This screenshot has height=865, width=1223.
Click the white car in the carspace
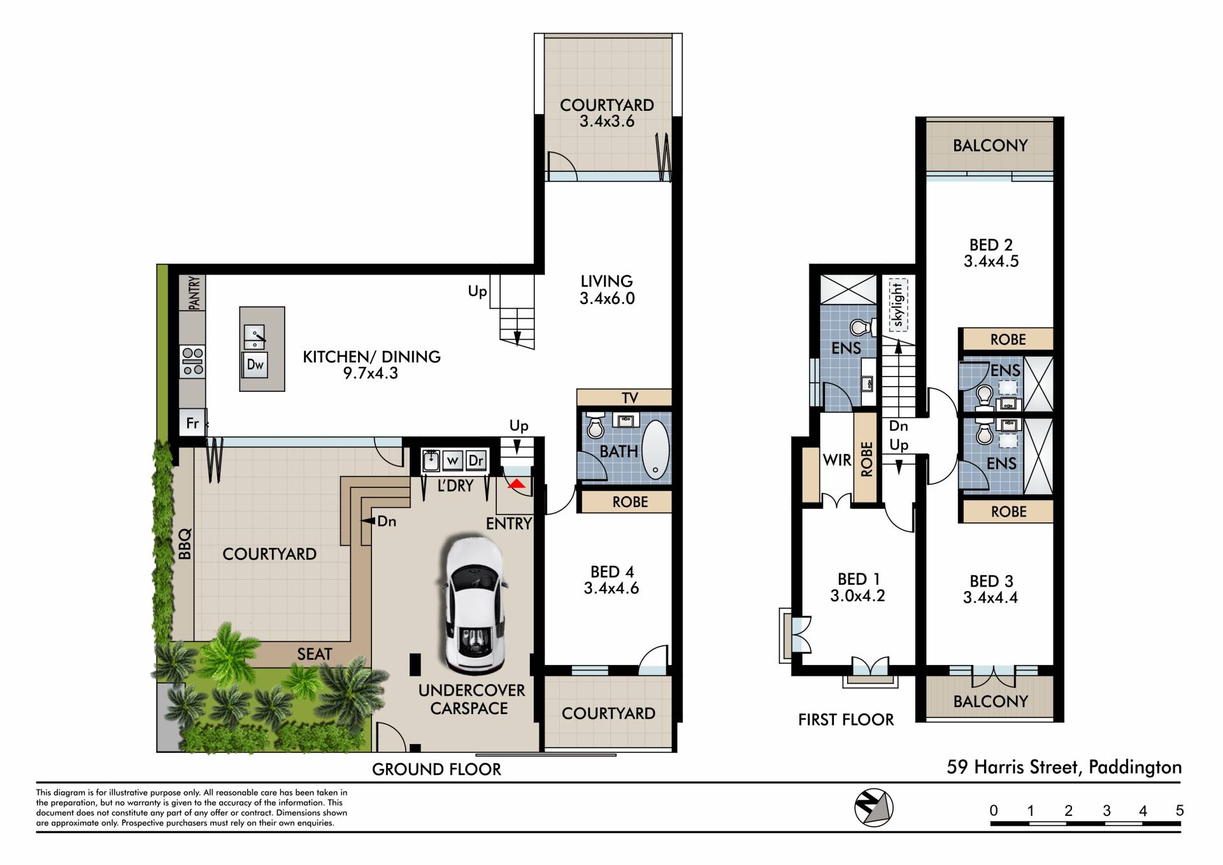point(472,606)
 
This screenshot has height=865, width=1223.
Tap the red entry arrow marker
point(517,484)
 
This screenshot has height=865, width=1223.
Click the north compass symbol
point(873,808)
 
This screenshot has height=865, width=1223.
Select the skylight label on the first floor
point(898,306)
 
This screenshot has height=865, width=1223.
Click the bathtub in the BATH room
point(655,450)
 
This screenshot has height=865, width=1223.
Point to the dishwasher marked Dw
point(255,365)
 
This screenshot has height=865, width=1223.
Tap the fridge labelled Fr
point(192,423)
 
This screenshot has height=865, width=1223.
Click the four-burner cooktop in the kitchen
point(192,361)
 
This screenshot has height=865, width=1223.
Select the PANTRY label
point(194,292)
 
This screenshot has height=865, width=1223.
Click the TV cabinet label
point(630,398)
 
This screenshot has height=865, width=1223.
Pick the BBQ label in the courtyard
point(185,544)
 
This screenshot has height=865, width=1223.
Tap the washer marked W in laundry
point(452,461)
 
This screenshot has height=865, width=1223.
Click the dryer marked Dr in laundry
point(476,461)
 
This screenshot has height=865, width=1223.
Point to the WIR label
point(837,460)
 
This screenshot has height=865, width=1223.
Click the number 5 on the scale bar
point(1180,810)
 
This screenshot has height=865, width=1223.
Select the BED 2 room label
point(991,253)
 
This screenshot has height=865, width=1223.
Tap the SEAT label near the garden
point(315,654)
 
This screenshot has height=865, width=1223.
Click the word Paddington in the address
point(1135,767)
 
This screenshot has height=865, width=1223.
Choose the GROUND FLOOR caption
point(436,769)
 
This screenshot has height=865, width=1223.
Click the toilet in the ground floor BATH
point(596,425)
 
